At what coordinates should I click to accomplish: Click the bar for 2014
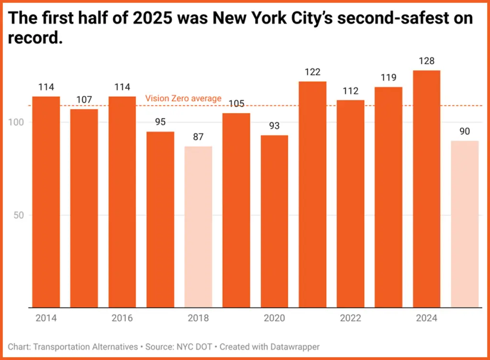(x=46, y=201)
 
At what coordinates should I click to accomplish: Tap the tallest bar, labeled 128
(x=426, y=189)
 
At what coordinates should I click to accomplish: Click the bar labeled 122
(x=312, y=194)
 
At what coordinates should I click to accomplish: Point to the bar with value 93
(x=274, y=221)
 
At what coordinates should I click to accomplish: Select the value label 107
(x=84, y=100)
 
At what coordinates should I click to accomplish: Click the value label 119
(x=389, y=78)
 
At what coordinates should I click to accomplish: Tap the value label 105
(x=236, y=104)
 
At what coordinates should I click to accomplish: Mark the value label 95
(x=160, y=122)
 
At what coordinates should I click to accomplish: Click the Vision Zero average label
(x=183, y=99)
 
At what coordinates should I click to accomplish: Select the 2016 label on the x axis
(x=122, y=318)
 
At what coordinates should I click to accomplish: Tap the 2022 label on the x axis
(x=350, y=318)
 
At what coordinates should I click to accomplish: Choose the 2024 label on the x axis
(x=426, y=318)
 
